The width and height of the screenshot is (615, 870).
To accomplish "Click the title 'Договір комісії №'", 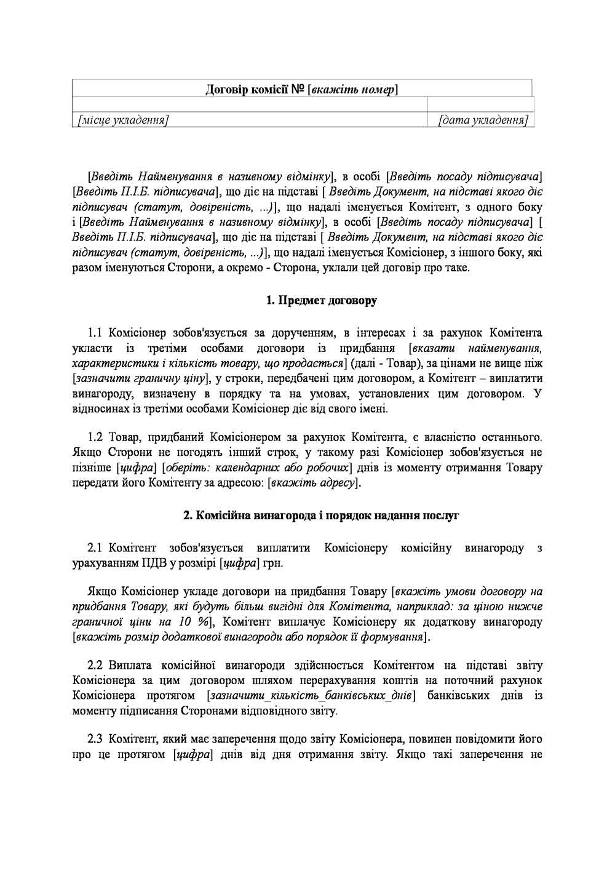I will [x=255, y=90].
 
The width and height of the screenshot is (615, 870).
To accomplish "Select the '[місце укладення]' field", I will [x=121, y=121].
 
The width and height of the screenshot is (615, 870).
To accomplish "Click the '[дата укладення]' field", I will [x=483, y=121].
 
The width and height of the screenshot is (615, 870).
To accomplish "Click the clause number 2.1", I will [x=98, y=548].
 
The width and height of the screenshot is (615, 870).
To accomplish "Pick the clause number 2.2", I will [x=98, y=665].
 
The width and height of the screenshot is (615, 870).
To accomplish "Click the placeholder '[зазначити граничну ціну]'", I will [x=141, y=378].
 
